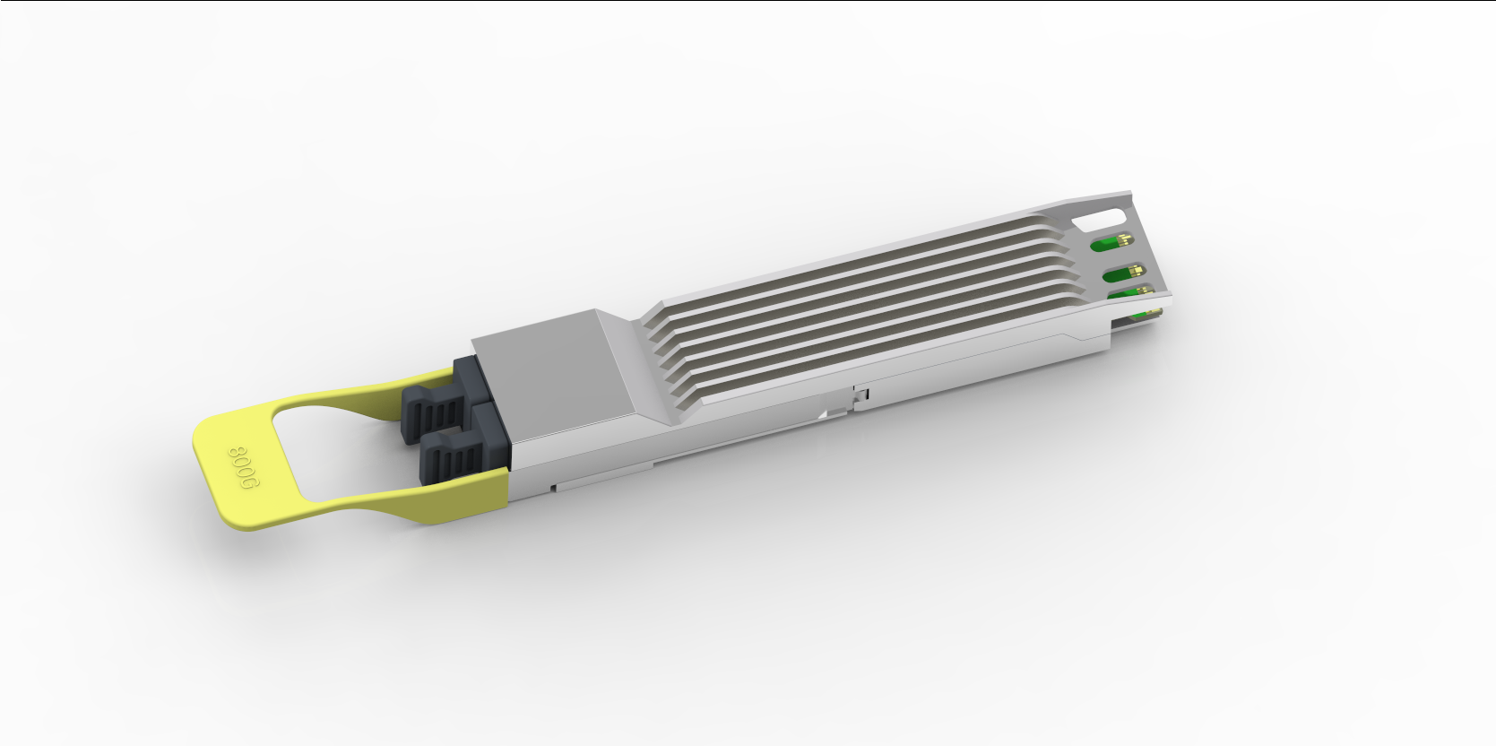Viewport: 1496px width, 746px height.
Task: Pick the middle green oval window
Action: (x=1124, y=272)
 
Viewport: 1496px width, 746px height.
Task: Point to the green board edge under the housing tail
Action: (x=1148, y=313)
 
